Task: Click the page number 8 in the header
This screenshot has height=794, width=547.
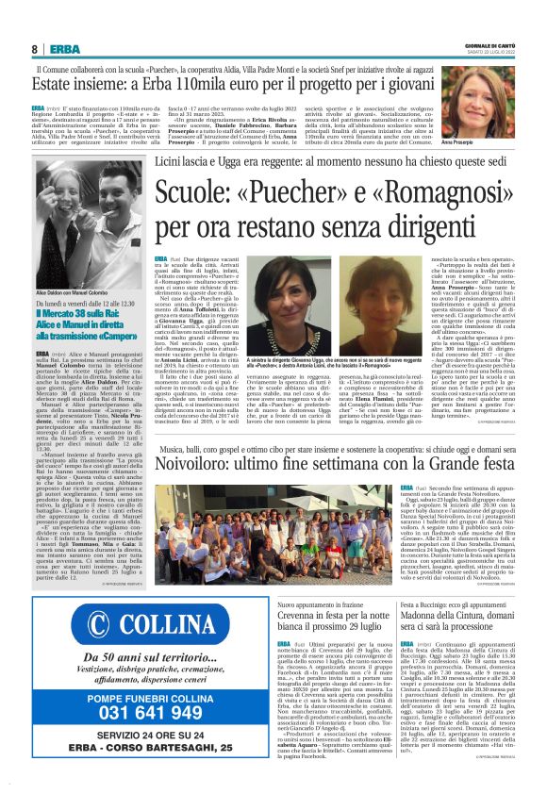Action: tap(34, 49)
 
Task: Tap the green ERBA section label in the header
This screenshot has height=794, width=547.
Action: tap(64, 49)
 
